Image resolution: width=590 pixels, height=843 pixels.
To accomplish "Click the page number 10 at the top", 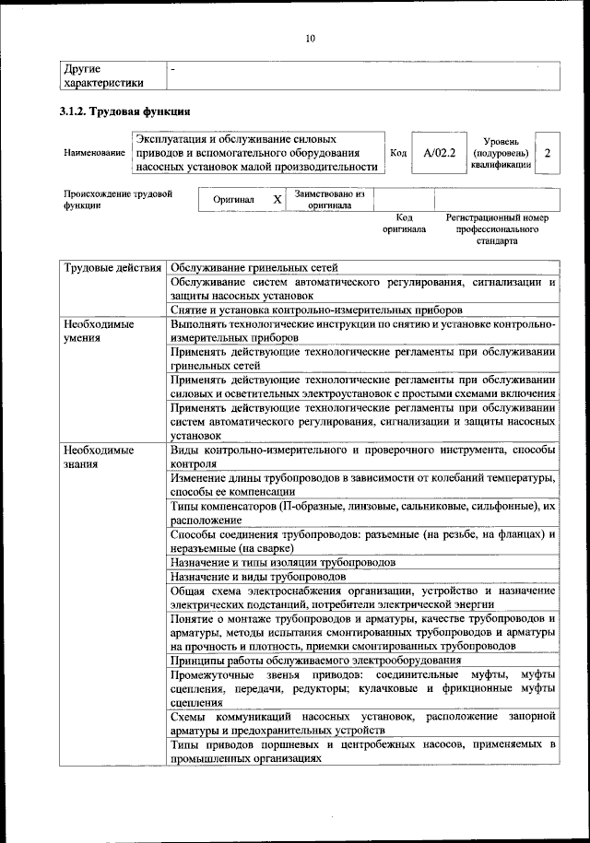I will point(311,38).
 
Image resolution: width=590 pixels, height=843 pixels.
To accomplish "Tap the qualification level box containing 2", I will point(548,152).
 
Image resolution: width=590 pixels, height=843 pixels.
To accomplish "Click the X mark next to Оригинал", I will point(277,199).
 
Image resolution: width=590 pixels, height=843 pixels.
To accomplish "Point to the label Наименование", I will point(94,152).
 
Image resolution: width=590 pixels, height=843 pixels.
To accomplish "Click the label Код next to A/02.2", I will point(398,152).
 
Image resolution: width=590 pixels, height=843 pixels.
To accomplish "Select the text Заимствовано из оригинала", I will point(330,200).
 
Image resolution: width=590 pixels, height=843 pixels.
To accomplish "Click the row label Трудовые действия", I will point(112,268).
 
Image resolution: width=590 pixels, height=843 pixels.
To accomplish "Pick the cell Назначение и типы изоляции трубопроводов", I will point(283,560).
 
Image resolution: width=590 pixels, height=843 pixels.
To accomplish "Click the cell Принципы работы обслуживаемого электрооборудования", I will point(316,660).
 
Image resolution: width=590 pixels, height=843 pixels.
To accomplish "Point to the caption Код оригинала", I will point(404,224).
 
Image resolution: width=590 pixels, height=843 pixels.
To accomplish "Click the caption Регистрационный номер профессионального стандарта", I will point(497,229).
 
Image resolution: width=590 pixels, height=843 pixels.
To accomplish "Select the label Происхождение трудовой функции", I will point(117,200).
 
